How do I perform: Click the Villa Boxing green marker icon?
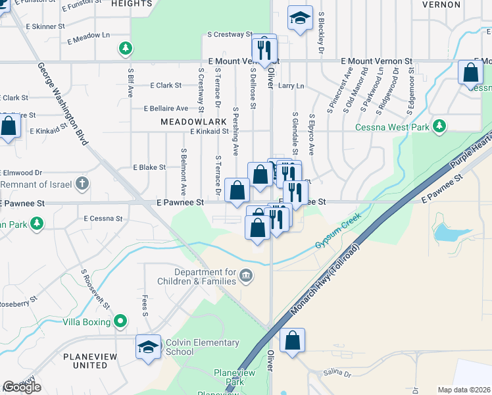coord(120,321)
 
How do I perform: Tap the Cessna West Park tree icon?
coord(439,126)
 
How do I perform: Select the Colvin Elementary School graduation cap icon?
coord(148,347)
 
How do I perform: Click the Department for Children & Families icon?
coord(246,275)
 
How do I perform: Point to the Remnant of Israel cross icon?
coord(82,183)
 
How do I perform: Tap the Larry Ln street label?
coord(291,86)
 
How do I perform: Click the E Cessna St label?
coord(103,218)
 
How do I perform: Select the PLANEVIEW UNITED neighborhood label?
coord(86,361)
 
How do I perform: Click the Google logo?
coord(22,387)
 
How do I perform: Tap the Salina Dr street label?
coord(338,373)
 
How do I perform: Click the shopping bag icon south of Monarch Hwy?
coord(292,341)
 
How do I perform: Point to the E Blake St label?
coord(149,168)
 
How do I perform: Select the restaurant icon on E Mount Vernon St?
coord(265,49)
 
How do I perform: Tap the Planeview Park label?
coord(230,377)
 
